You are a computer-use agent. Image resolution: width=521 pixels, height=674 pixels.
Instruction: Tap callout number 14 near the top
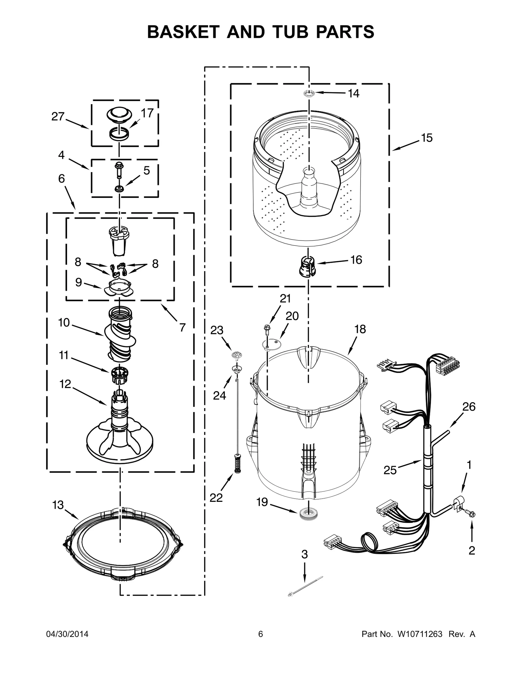[353, 93]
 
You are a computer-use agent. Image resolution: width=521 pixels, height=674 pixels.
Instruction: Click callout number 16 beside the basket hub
[356, 260]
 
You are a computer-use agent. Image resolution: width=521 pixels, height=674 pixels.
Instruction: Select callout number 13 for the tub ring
[58, 505]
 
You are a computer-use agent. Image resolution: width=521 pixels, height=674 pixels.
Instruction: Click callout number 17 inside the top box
[147, 113]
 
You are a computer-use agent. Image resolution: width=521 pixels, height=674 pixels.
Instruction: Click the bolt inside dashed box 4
[118, 170]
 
